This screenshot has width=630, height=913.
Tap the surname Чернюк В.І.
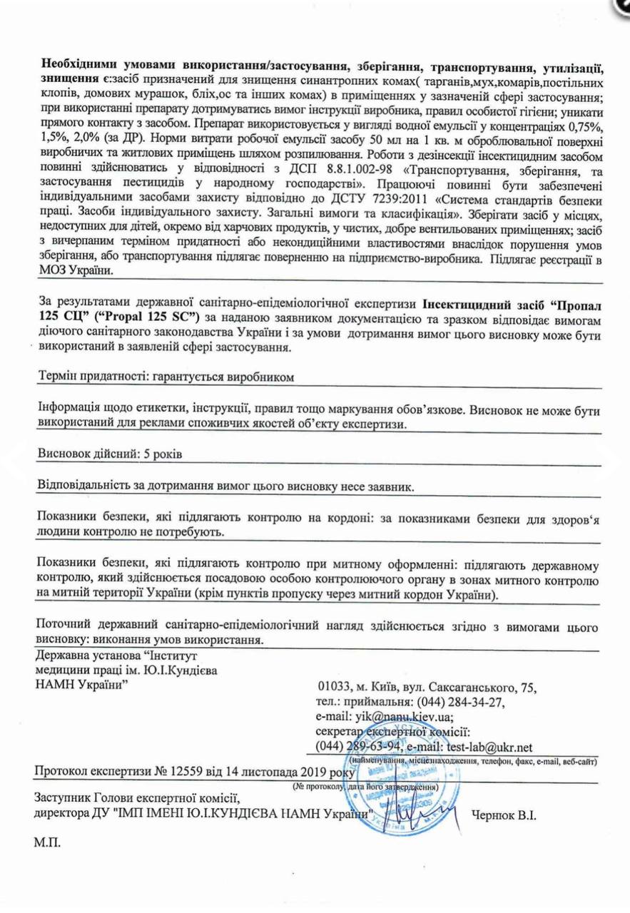pyautogui.click(x=502, y=815)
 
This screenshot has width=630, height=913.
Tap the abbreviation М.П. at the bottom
pyautogui.click(x=47, y=842)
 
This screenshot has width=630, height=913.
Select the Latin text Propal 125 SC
pyautogui.click(x=163, y=315)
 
